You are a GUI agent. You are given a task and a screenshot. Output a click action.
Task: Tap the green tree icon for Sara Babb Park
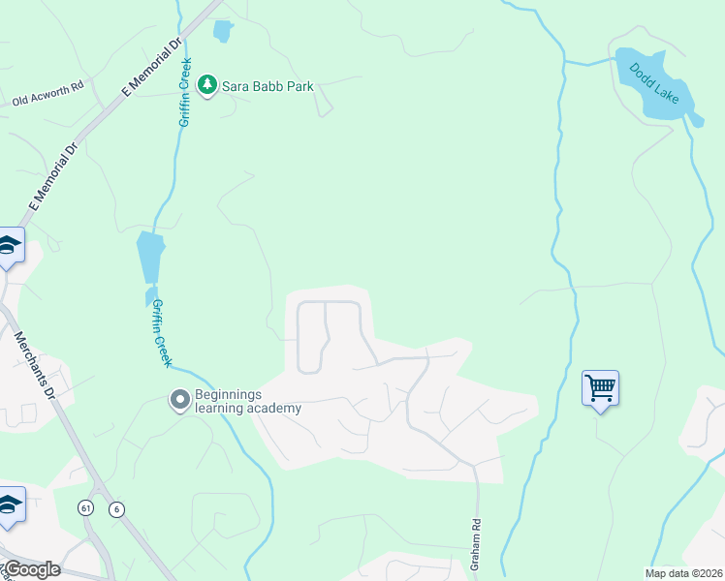[206, 86]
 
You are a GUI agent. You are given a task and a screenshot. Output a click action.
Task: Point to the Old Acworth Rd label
[48, 100]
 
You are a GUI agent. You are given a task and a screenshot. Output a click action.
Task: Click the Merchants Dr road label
[37, 365]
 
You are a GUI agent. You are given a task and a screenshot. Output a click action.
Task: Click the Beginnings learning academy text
[248, 401]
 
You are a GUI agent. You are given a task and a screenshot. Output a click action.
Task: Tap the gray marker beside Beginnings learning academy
[179, 399]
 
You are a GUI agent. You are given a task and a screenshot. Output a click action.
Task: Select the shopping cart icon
[601, 388]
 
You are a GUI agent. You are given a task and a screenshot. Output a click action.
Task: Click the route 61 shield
[86, 508]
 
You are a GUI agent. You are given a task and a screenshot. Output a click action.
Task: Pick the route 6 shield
[116, 509]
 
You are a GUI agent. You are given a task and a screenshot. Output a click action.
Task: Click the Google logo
[31, 569]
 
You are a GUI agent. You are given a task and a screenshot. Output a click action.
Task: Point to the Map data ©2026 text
[682, 573]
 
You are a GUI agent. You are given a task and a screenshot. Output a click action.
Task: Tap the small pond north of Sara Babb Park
[223, 31]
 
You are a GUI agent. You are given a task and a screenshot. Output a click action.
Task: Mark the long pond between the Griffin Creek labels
[150, 257]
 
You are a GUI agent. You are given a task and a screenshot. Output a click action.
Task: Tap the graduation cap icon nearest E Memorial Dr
[10, 246]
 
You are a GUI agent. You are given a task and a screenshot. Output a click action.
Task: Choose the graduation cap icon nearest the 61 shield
[10, 505]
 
